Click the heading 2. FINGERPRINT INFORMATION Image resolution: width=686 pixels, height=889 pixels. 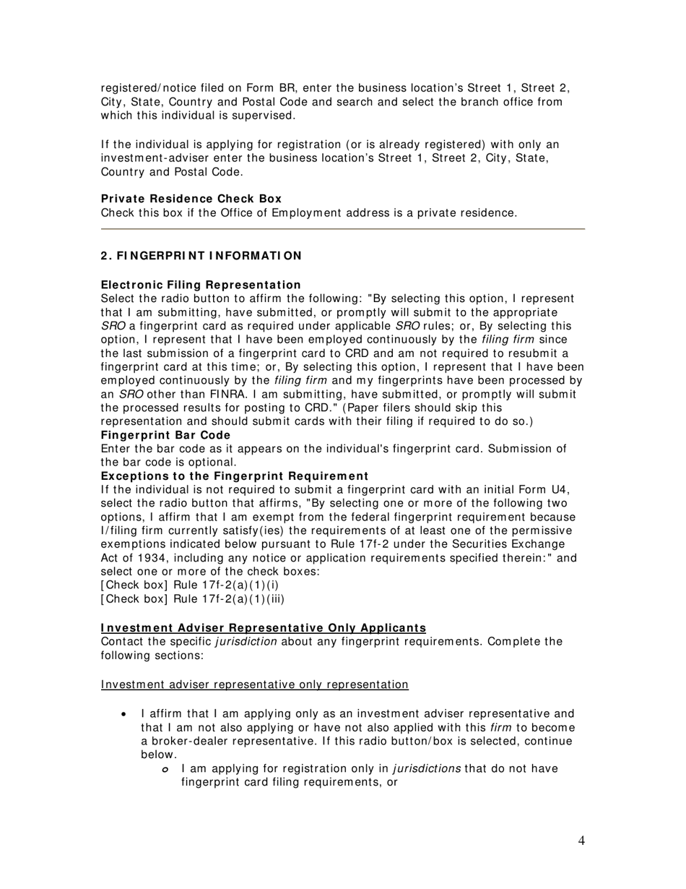(x=201, y=256)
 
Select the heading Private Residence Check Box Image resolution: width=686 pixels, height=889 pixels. (x=191, y=199)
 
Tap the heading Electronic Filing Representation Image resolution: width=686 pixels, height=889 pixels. (x=201, y=285)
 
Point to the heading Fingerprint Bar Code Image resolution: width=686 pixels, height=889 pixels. (x=165, y=435)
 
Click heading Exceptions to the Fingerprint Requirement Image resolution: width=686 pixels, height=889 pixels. (x=235, y=476)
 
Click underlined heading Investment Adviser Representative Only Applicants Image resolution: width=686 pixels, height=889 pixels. (x=264, y=628)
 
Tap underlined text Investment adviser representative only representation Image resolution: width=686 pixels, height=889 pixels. (x=255, y=684)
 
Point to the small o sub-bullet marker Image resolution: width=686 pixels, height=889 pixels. (x=165, y=769)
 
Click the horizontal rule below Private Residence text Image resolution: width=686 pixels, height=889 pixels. (x=342, y=228)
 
